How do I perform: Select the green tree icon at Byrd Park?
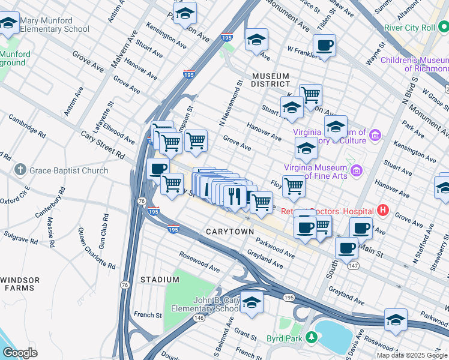pyautogui.click(x=311, y=337)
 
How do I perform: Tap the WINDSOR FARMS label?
pyautogui.click(x=20, y=284)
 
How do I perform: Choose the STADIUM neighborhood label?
pyautogui.click(x=160, y=280)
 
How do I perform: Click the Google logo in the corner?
pyautogui.click(x=20, y=353)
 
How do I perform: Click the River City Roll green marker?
pyautogui.click(x=391, y=28)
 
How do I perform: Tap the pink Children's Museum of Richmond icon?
pyautogui.click(x=444, y=60)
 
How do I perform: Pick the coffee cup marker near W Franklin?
pyautogui.click(x=324, y=46)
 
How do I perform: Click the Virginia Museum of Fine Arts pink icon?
pyautogui.click(x=357, y=171)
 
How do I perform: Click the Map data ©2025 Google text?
pyautogui.click(x=412, y=355)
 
